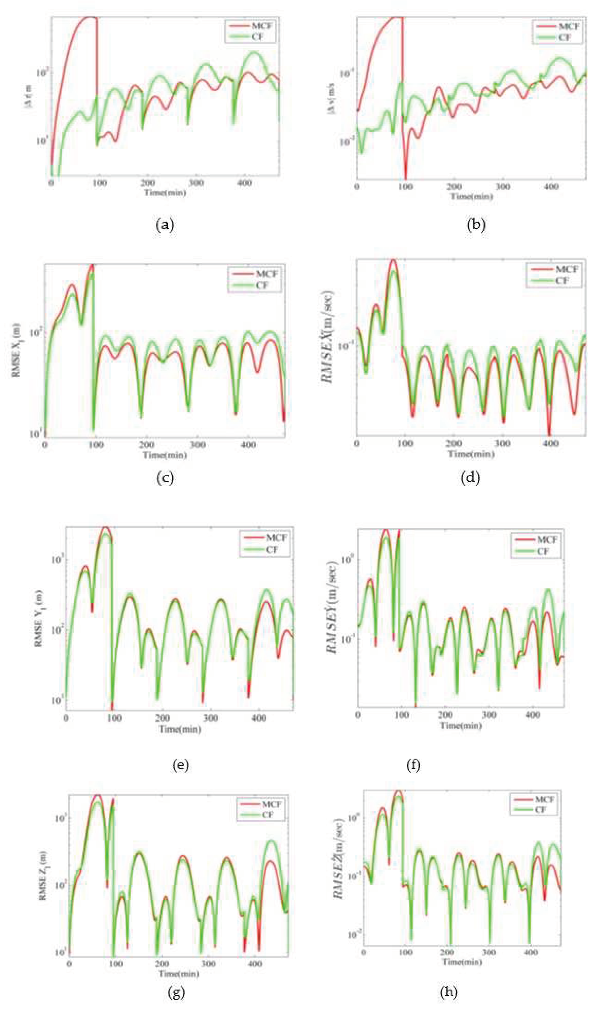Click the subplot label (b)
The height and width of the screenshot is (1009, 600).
[x=476, y=224]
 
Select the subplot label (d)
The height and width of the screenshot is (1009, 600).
[x=470, y=478]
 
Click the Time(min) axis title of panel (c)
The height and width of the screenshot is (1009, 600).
[x=165, y=455]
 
